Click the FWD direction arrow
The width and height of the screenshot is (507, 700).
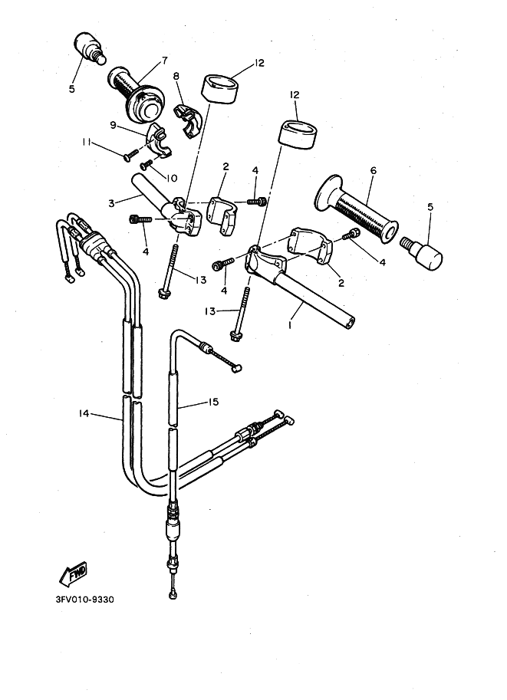pyautogui.click(x=73, y=573)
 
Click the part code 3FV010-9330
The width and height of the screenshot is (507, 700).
pyautogui.click(x=87, y=600)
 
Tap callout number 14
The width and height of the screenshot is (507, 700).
pyautogui.click(x=84, y=413)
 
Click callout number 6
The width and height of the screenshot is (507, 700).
pyautogui.click(x=372, y=172)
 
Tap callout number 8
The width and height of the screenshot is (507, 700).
pyautogui.click(x=176, y=76)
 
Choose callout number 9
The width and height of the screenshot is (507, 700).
pyautogui.click(x=113, y=125)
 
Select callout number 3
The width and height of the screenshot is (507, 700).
pyautogui.click(x=111, y=203)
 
